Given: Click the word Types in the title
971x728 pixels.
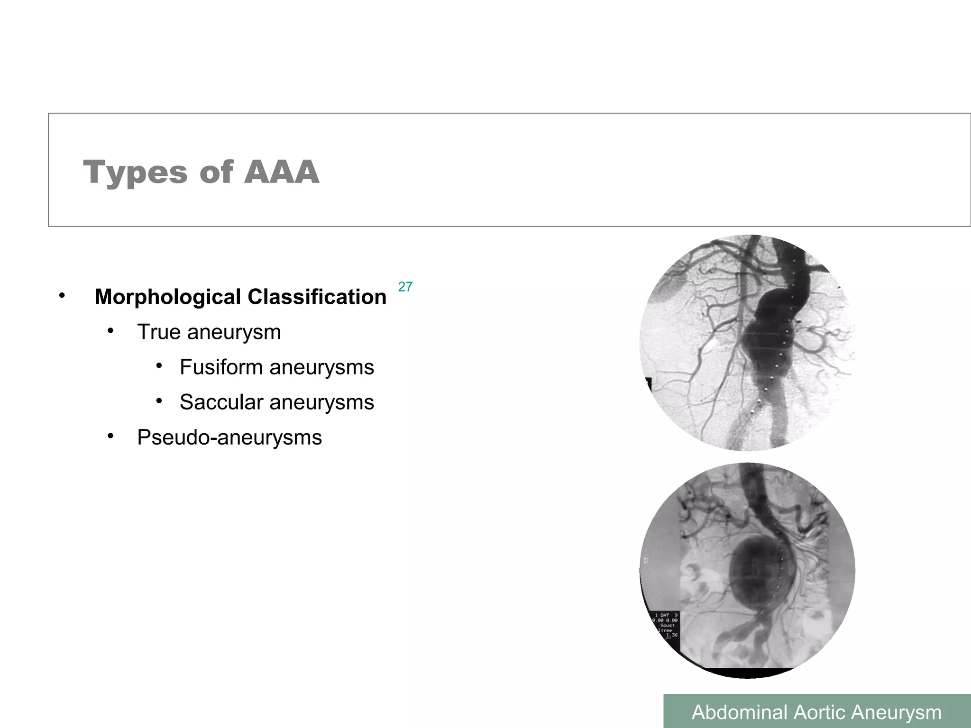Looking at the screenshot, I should tap(135, 173).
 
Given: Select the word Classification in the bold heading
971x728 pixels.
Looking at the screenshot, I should tap(317, 297).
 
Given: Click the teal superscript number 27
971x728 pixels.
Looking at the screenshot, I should tap(405, 287).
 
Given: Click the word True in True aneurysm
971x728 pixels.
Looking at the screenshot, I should tap(159, 332).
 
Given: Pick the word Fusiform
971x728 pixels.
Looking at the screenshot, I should tap(221, 367).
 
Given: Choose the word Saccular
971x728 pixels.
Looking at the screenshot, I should tap(221, 402).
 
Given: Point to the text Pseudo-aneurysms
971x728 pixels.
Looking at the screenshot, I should tap(229, 437).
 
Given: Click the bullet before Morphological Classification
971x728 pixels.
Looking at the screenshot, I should tap(62, 296).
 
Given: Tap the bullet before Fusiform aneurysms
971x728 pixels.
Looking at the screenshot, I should tap(159, 366).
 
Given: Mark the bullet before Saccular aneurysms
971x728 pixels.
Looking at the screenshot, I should tap(159, 401).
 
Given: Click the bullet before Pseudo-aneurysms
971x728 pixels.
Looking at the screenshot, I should tap(110, 436).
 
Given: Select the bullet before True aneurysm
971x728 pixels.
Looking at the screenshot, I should tap(110, 331).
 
